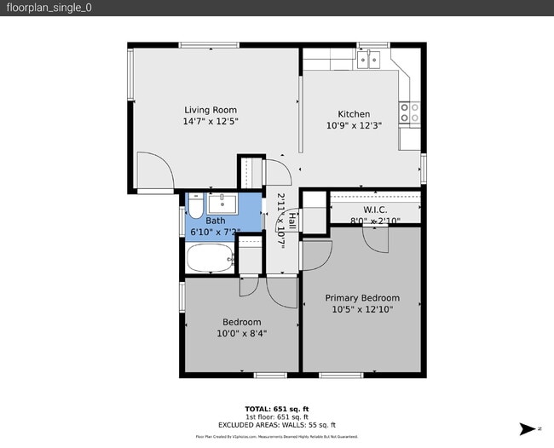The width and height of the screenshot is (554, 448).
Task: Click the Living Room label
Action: coord(211,110)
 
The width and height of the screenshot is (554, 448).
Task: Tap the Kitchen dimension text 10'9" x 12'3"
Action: coord(354,125)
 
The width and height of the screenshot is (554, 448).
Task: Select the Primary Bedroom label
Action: coord(362,298)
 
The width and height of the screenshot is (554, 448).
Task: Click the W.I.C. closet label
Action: coord(375,209)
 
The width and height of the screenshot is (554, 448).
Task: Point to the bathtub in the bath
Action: coord(209,259)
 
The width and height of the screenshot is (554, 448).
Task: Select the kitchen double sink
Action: coord(370,60)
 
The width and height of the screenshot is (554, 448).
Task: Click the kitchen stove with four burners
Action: coord(410,113)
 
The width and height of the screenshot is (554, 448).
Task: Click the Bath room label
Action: coord(216,221)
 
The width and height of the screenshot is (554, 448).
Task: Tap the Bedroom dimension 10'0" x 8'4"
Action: coord(241,334)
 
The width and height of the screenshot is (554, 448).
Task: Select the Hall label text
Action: coord(291,221)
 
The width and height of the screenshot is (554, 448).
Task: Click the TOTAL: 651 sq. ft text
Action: coord(277,409)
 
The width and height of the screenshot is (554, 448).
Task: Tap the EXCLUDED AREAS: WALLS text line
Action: coord(277,424)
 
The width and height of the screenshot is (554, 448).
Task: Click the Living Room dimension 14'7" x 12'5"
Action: coord(211,122)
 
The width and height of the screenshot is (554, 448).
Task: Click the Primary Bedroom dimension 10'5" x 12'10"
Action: coord(362,310)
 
